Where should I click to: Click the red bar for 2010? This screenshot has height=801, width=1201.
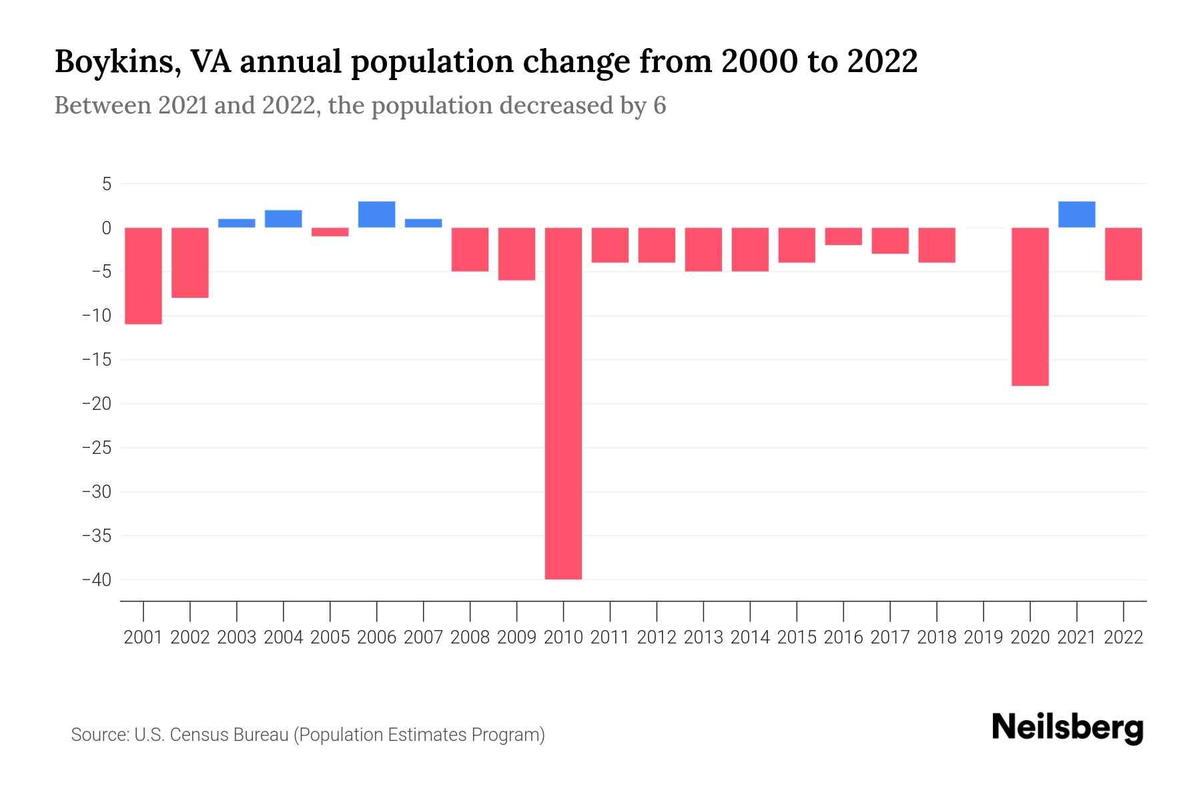coord(563,403)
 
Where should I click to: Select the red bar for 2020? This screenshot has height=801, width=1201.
coord(1030,306)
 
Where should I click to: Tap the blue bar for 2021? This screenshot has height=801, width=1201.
coord(1076,214)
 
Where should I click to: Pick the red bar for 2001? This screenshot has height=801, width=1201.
coord(143,276)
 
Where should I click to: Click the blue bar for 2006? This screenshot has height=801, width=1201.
coord(376,214)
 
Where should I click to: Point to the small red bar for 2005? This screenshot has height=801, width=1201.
coord(330,232)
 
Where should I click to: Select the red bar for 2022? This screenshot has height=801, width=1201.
coord(1123,254)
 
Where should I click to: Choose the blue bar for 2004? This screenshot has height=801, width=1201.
coord(283,219)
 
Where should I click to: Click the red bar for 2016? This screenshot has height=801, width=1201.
coord(843,236)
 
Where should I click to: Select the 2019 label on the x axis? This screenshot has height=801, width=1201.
coord(983,637)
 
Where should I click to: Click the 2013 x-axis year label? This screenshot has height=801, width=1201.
coord(703,637)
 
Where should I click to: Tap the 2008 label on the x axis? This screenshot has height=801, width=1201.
coord(470,637)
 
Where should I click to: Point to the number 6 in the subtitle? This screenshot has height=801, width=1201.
coord(659,106)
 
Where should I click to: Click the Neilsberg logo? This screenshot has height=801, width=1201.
coord(1068,728)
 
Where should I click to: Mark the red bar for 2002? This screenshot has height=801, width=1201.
coord(190,262)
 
